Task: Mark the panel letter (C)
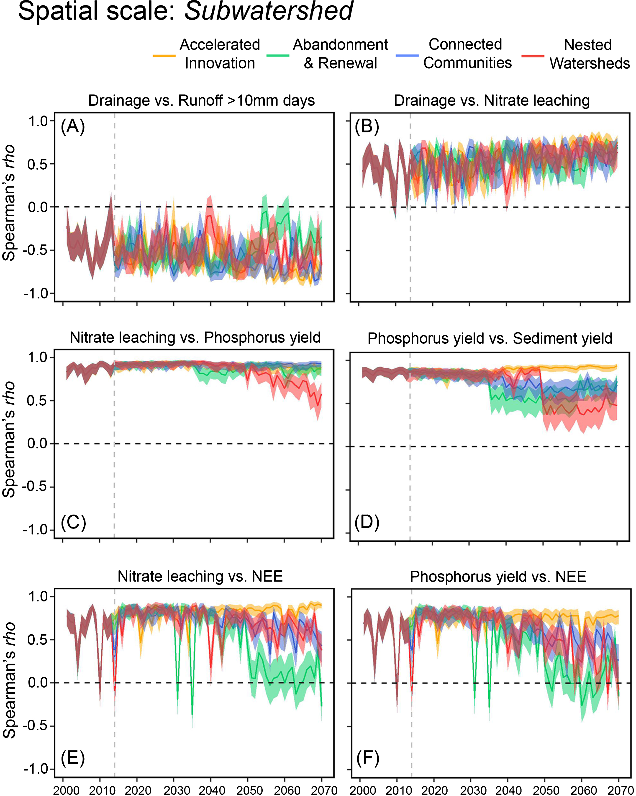pyautogui.click(x=73, y=522)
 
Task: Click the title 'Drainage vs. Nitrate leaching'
pyautogui.click(x=492, y=100)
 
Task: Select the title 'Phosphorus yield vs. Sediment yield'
pyautogui.click(x=490, y=338)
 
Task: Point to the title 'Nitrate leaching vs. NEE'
pyautogui.click(x=200, y=576)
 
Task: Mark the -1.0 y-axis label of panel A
pyautogui.click(x=36, y=294)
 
